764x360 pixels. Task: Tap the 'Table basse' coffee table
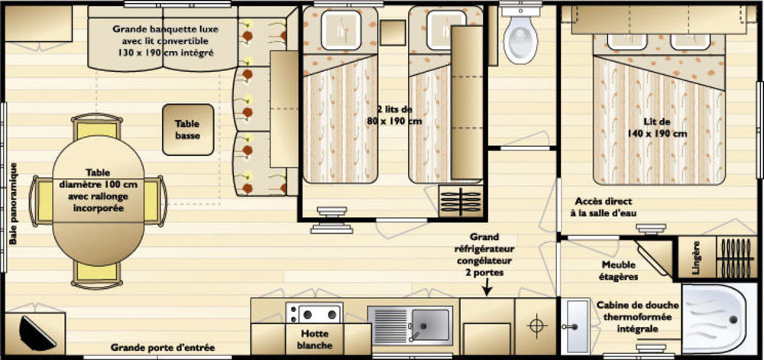[x=188, y=130]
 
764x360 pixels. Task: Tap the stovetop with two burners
[x=314, y=313]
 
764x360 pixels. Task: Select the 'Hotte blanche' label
[x=314, y=339]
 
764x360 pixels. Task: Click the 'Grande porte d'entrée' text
[x=163, y=348]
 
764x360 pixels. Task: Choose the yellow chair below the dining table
[x=97, y=275]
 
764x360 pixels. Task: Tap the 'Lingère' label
[x=697, y=258]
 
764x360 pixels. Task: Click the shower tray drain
[x=733, y=319]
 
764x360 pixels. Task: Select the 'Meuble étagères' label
[x=619, y=271]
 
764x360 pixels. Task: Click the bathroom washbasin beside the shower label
[x=575, y=326]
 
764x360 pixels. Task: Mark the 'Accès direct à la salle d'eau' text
[x=604, y=207]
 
